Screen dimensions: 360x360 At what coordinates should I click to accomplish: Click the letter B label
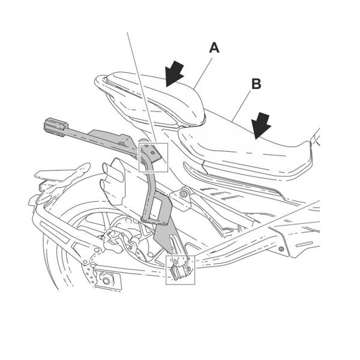tap(256, 84)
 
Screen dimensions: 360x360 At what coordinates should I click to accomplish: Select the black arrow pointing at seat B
tap(260, 126)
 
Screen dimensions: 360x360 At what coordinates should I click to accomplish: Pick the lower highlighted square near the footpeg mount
tap(181, 269)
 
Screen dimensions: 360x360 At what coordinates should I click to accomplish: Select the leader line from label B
tap(240, 106)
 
